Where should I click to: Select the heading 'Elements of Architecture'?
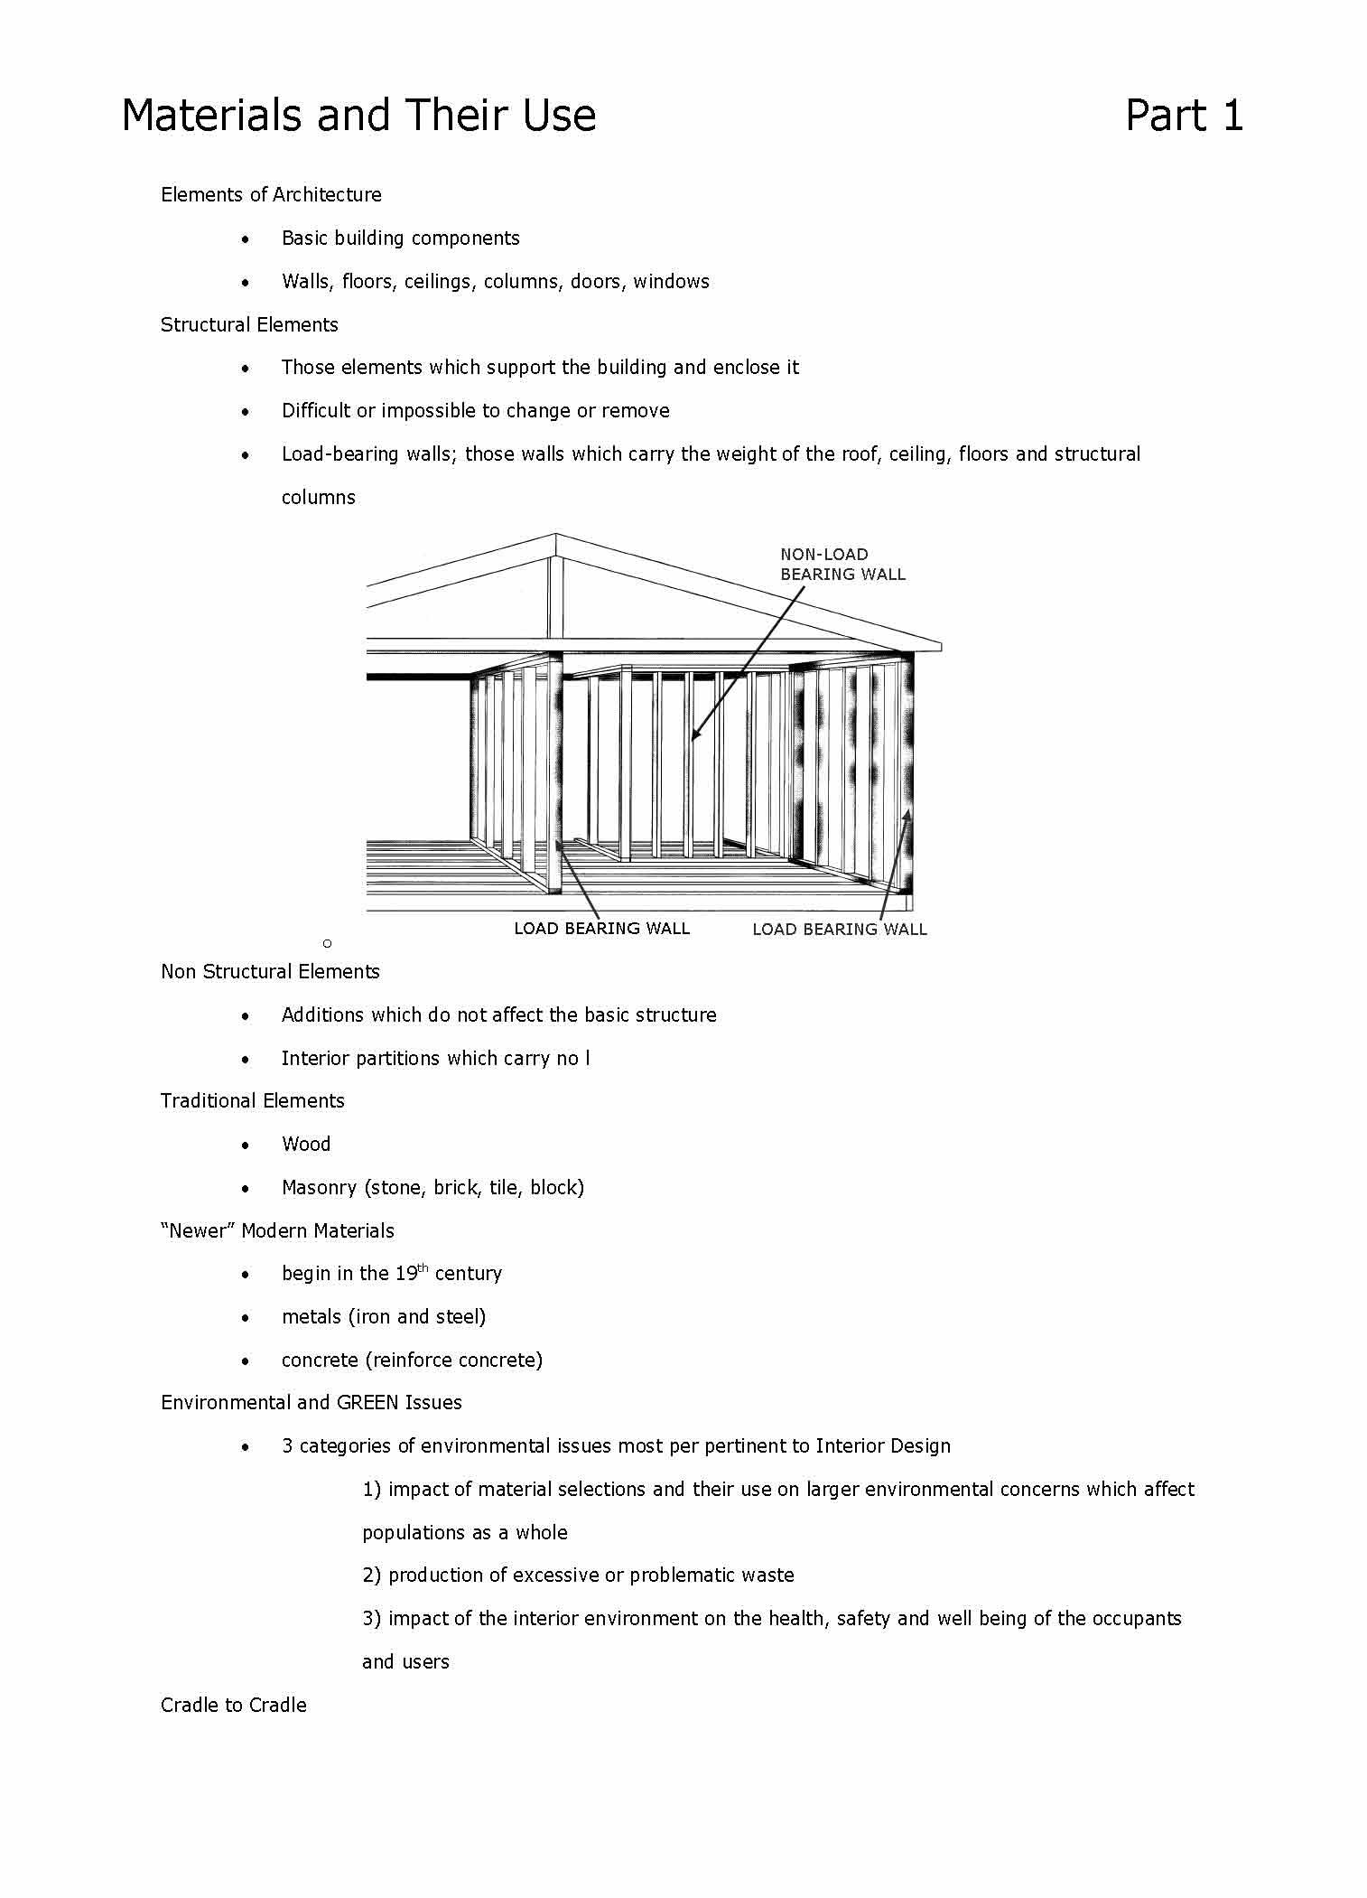click(x=271, y=194)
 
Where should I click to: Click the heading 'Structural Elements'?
click(x=249, y=324)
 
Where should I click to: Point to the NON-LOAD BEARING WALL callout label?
click(x=842, y=564)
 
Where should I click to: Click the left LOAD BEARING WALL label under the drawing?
click(x=601, y=928)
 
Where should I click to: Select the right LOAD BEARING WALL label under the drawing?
click(x=839, y=929)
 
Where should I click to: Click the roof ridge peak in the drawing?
click(x=556, y=535)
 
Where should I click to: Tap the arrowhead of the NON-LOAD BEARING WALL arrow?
click(x=694, y=736)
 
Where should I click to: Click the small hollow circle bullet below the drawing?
click(x=327, y=943)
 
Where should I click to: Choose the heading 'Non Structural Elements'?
click(x=270, y=971)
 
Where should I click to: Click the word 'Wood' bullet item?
click(x=306, y=1144)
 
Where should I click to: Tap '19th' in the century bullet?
click(x=410, y=1273)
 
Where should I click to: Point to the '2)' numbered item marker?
click(x=372, y=1575)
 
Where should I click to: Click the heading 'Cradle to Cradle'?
click(x=233, y=1705)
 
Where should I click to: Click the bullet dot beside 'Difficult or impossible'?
click(x=246, y=411)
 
